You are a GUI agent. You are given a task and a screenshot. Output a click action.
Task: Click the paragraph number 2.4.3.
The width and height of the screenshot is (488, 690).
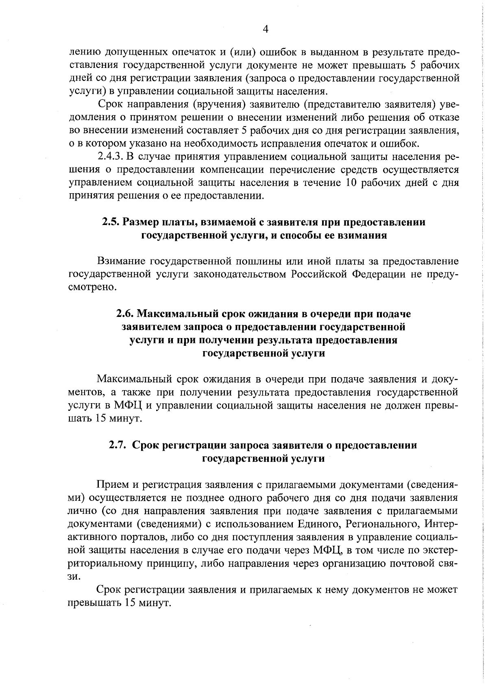coord(110,157)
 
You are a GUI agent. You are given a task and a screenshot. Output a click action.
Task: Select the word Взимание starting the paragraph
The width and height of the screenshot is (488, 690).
coord(121,261)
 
